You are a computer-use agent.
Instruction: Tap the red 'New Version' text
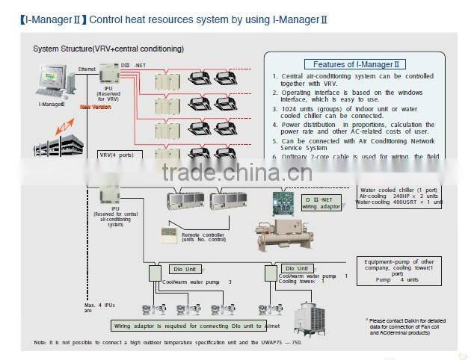point(95,106)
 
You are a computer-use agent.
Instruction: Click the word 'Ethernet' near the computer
point(88,69)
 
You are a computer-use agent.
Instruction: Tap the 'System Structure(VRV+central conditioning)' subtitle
point(108,49)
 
